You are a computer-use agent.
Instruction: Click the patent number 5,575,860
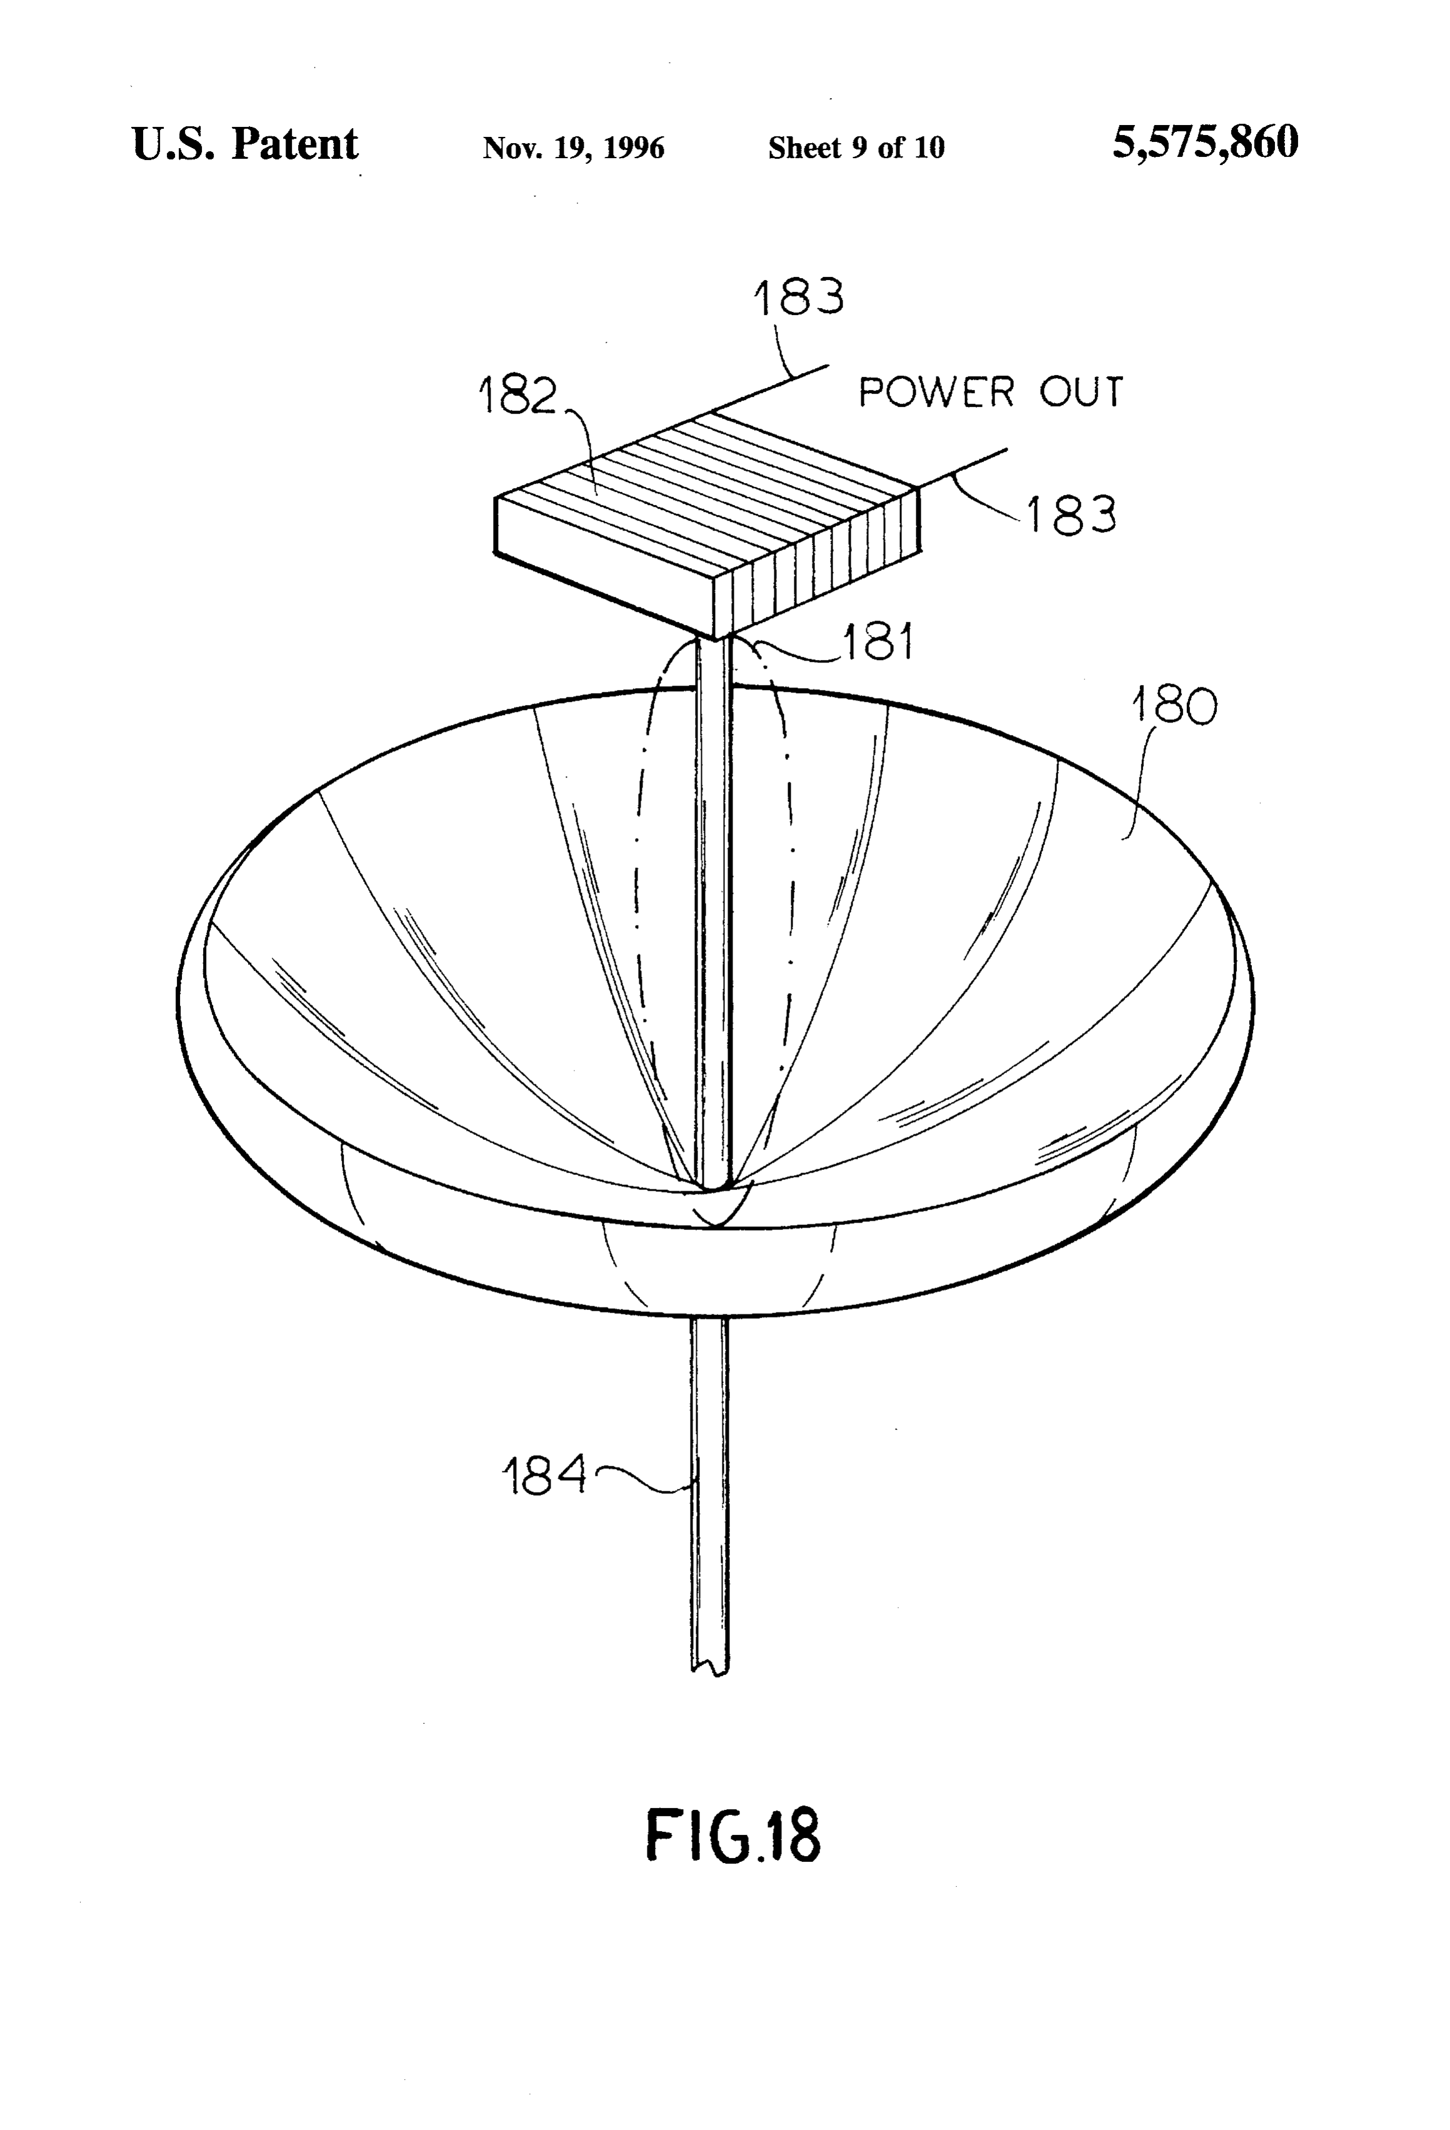point(1204,144)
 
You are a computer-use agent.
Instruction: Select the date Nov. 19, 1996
point(574,147)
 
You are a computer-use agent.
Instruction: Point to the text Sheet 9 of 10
point(856,147)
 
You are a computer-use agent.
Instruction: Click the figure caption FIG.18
point(733,1835)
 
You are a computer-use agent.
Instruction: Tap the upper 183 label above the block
point(798,297)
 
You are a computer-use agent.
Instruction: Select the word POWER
point(936,392)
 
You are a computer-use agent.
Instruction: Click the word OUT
point(1081,392)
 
